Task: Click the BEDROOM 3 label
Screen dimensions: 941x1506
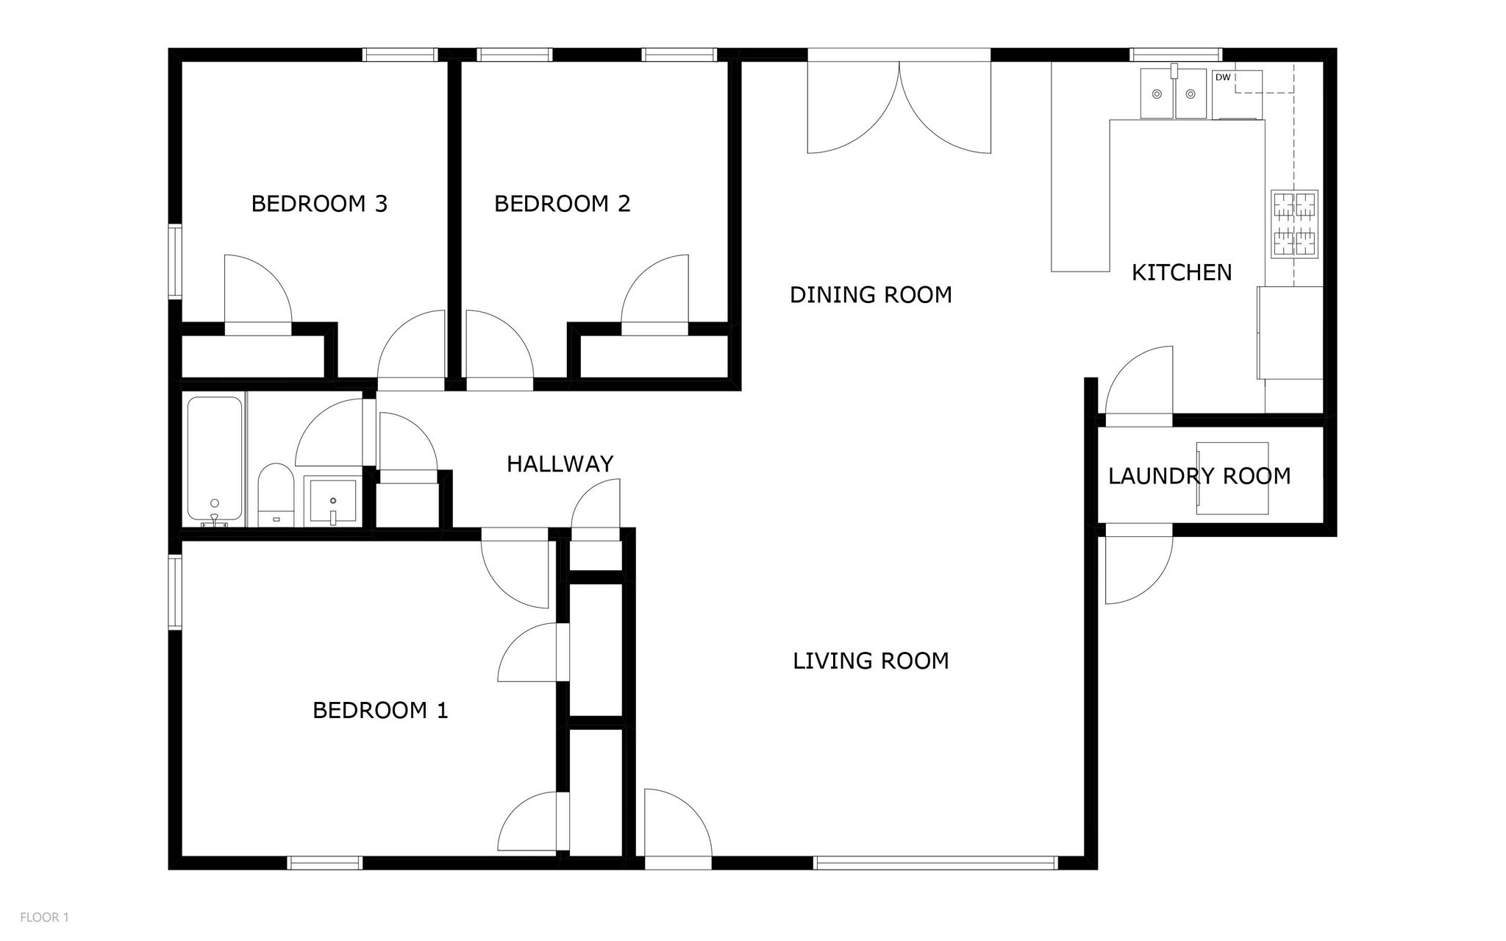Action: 319,204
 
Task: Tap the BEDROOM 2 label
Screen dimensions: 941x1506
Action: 562,204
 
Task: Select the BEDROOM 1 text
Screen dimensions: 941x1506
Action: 380,711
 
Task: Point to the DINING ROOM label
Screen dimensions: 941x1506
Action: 871,295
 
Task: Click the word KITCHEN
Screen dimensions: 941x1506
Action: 1181,273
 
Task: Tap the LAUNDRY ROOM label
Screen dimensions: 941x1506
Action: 1199,477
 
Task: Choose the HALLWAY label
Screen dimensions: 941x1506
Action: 560,464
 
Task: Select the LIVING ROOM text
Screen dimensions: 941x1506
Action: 871,661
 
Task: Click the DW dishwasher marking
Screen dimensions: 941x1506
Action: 1223,77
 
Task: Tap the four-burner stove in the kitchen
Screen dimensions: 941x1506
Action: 1294,224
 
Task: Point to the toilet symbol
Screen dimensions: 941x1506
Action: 276,493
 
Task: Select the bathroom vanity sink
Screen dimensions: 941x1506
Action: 333,502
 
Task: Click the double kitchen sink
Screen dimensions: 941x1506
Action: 1174,93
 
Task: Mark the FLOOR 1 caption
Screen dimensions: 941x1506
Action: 44,917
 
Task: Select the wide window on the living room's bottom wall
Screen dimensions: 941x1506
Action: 935,863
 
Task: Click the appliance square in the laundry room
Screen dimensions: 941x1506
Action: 1232,478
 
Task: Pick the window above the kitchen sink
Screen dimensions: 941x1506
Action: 1175,54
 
